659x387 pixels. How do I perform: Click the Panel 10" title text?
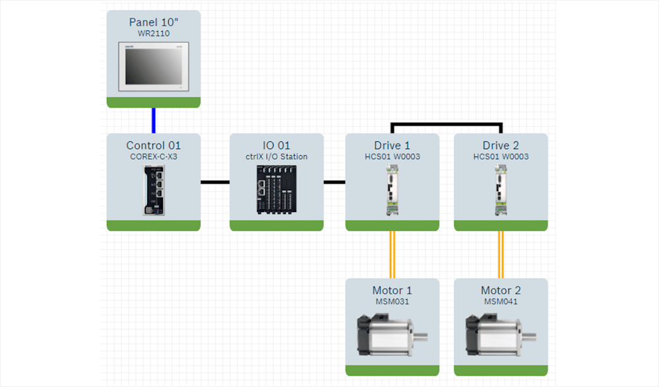click(x=153, y=22)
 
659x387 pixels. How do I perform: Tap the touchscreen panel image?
click(x=153, y=67)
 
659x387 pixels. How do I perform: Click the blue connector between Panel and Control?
click(x=154, y=120)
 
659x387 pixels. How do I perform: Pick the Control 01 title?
click(x=153, y=145)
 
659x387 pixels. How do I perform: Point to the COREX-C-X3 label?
click(x=153, y=157)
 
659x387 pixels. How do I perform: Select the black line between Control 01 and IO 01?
click(x=214, y=182)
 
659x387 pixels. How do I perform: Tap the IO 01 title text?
click(x=276, y=145)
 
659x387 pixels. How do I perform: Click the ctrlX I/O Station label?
click(x=276, y=157)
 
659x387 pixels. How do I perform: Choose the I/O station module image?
click(x=276, y=190)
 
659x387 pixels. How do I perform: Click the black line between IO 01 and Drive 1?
click(x=334, y=182)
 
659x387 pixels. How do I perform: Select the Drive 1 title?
click(x=392, y=145)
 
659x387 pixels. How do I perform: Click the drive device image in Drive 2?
click(x=501, y=190)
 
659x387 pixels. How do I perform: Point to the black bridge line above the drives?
click(x=447, y=123)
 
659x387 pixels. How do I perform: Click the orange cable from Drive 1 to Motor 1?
click(x=392, y=254)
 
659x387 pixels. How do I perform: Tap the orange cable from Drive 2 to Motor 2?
click(x=501, y=254)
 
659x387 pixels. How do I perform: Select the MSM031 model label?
click(x=392, y=302)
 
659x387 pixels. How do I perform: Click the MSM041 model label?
click(x=501, y=302)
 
